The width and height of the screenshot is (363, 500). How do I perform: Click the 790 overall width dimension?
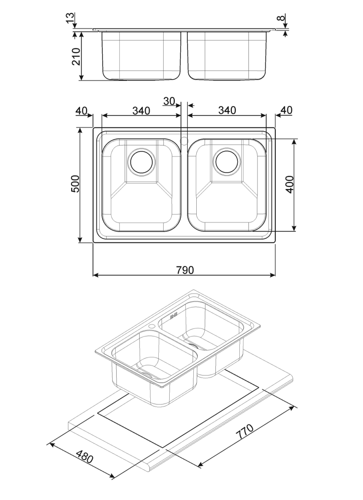pyautogui.click(x=185, y=270)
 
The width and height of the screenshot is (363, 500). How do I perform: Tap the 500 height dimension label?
pyautogui.click(x=75, y=183)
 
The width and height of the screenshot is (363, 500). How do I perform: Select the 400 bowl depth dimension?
pyautogui.click(x=289, y=184)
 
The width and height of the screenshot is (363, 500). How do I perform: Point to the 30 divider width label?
pyautogui.click(x=169, y=101)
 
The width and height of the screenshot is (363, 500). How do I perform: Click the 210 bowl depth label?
pyautogui.click(x=76, y=56)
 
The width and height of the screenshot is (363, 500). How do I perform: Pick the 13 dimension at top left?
pyautogui.click(x=70, y=17)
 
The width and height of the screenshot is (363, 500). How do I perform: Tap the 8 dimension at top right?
pyautogui.click(x=280, y=17)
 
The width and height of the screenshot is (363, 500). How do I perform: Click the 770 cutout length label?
pyautogui.click(x=244, y=432)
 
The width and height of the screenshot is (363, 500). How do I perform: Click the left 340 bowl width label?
pyautogui.click(x=141, y=110)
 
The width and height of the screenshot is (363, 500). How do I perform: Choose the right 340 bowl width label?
pyautogui.click(x=227, y=110)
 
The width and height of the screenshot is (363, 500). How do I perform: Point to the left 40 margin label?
pyautogui.click(x=82, y=110)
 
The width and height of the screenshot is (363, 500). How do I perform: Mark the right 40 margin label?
pyautogui.click(x=286, y=110)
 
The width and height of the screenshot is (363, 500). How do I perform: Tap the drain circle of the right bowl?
pyautogui.click(x=227, y=161)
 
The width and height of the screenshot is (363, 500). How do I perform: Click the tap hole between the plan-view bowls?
pyautogui.click(x=184, y=140)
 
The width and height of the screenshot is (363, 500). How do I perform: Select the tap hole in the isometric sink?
pyautogui.click(x=152, y=326)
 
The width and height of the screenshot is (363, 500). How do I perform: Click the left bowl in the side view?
pyautogui.click(x=141, y=55)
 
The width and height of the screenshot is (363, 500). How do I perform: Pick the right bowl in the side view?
pyautogui.click(x=227, y=55)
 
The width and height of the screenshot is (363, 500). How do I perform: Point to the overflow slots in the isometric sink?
pyautogui.click(x=174, y=316)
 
